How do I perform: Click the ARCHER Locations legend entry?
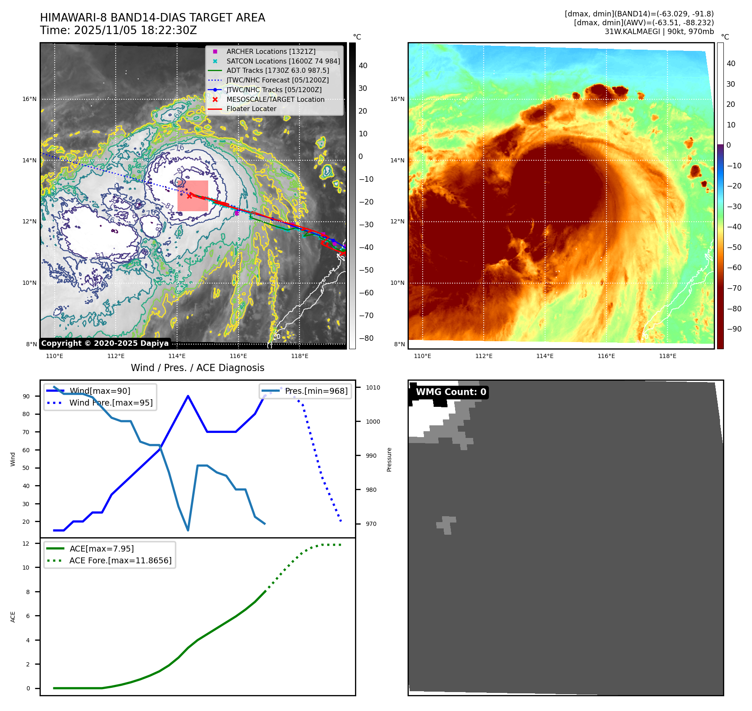click(270, 51)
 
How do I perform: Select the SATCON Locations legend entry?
click(283, 61)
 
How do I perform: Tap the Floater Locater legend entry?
click(251, 109)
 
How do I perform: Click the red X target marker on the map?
click(190, 196)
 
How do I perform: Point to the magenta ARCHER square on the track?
click(237, 213)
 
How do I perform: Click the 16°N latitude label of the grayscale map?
click(29, 99)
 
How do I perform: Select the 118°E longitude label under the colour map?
click(667, 356)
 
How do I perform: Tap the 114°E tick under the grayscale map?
click(177, 356)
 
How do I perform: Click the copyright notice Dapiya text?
click(105, 343)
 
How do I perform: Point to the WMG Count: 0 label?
click(451, 392)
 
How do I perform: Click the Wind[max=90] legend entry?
click(100, 391)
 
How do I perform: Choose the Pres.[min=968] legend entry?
click(316, 391)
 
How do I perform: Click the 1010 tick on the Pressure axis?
click(373, 387)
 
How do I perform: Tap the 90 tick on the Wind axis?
click(26, 396)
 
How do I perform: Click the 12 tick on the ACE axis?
click(26, 544)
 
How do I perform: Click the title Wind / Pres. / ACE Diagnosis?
click(198, 368)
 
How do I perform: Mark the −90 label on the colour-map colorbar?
click(734, 329)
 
